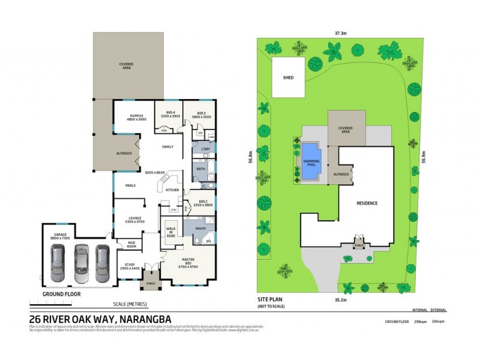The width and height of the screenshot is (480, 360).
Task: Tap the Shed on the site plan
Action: coord(289,78)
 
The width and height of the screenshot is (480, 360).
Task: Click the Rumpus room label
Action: coord(136,118)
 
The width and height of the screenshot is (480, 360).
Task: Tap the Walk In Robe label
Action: coord(170,232)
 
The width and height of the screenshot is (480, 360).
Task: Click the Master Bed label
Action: coord(188,263)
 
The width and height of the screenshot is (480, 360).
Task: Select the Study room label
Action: coord(129,266)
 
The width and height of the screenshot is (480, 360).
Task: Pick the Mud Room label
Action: coord(131,245)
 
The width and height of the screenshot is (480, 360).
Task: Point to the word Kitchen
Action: coord(173,190)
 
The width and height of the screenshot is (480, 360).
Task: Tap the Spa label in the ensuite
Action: coord(209,241)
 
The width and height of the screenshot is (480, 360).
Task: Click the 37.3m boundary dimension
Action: coord(340,34)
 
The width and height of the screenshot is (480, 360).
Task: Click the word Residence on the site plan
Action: coord(367,203)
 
